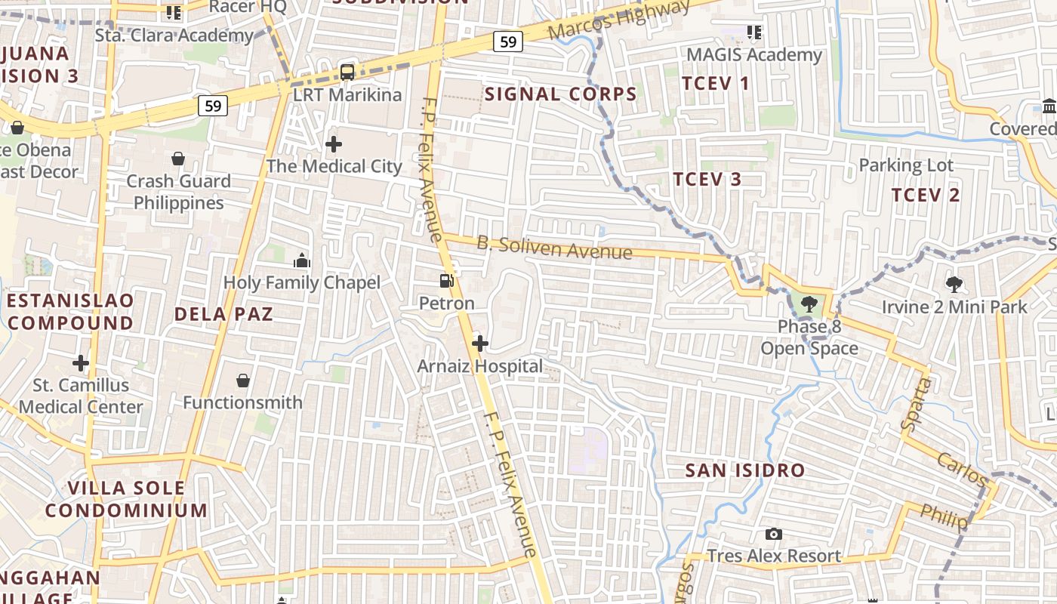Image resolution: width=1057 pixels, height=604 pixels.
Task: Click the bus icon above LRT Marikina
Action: (x=347, y=72)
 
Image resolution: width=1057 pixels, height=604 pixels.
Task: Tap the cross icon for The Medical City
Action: (x=334, y=143)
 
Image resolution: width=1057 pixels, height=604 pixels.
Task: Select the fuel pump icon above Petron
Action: (x=447, y=281)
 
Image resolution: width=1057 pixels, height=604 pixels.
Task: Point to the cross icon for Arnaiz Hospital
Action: (x=479, y=344)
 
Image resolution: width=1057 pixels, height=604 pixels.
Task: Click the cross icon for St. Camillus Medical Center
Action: (x=81, y=363)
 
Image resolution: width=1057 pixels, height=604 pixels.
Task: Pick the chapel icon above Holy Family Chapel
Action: (x=302, y=261)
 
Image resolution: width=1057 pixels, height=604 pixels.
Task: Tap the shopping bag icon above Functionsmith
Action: (x=243, y=381)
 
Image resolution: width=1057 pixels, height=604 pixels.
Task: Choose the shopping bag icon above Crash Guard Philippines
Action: (x=178, y=159)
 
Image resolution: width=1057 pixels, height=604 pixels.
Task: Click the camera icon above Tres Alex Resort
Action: (x=774, y=535)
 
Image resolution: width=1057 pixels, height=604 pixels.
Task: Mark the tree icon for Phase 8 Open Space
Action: (x=809, y=305)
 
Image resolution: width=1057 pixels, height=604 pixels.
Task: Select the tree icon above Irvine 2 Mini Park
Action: (x=954, y=285)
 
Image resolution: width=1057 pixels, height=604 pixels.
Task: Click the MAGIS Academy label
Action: (x=753, y=55)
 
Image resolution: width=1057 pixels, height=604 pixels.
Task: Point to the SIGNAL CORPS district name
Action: (x=561, y=94)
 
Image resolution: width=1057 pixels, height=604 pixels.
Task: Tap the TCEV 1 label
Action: (x=716, y=83)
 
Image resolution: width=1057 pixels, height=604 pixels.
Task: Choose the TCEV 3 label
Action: (x=707, y=179)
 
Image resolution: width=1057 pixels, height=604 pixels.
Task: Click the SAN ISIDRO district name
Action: (x=744, y=470)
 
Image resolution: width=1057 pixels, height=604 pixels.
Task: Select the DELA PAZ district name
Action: (x=223, y=314)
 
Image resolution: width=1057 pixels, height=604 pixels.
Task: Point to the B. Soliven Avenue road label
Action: (x=554, y=248)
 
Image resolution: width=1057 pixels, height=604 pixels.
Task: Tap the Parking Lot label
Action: (x=906, y=165)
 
